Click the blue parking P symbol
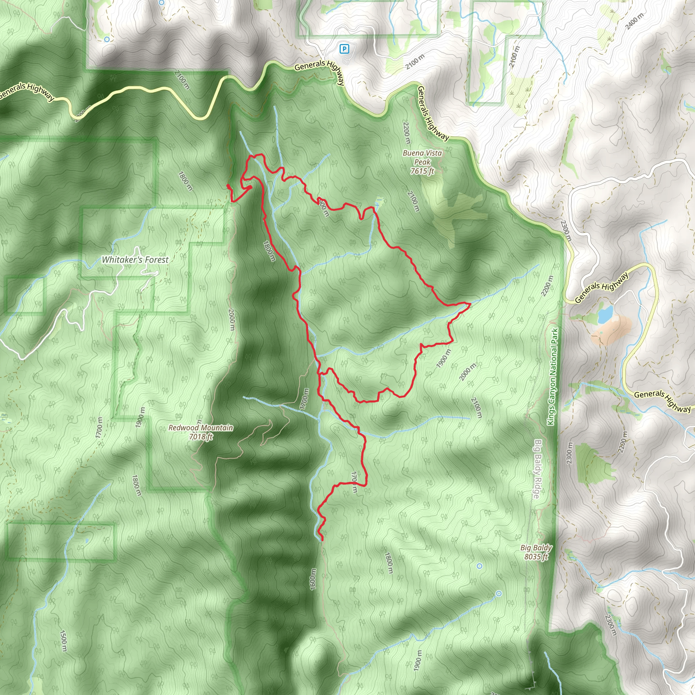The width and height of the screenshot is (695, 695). tap(344, 49)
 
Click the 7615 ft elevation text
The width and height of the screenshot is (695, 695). tap(422, 171)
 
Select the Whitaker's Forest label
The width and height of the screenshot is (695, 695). tap(135, 260)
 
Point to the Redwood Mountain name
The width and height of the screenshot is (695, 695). tap(201, 428)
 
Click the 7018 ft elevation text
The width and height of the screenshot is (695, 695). tap(201, 437)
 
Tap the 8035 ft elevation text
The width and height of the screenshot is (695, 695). tap(536, 557)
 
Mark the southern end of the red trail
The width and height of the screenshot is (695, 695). tap(322, 540)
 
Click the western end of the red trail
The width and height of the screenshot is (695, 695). tap(228, 186)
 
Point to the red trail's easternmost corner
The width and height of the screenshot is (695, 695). tap(470, 304)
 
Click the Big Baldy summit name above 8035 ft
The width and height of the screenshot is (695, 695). tap(536, 548)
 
